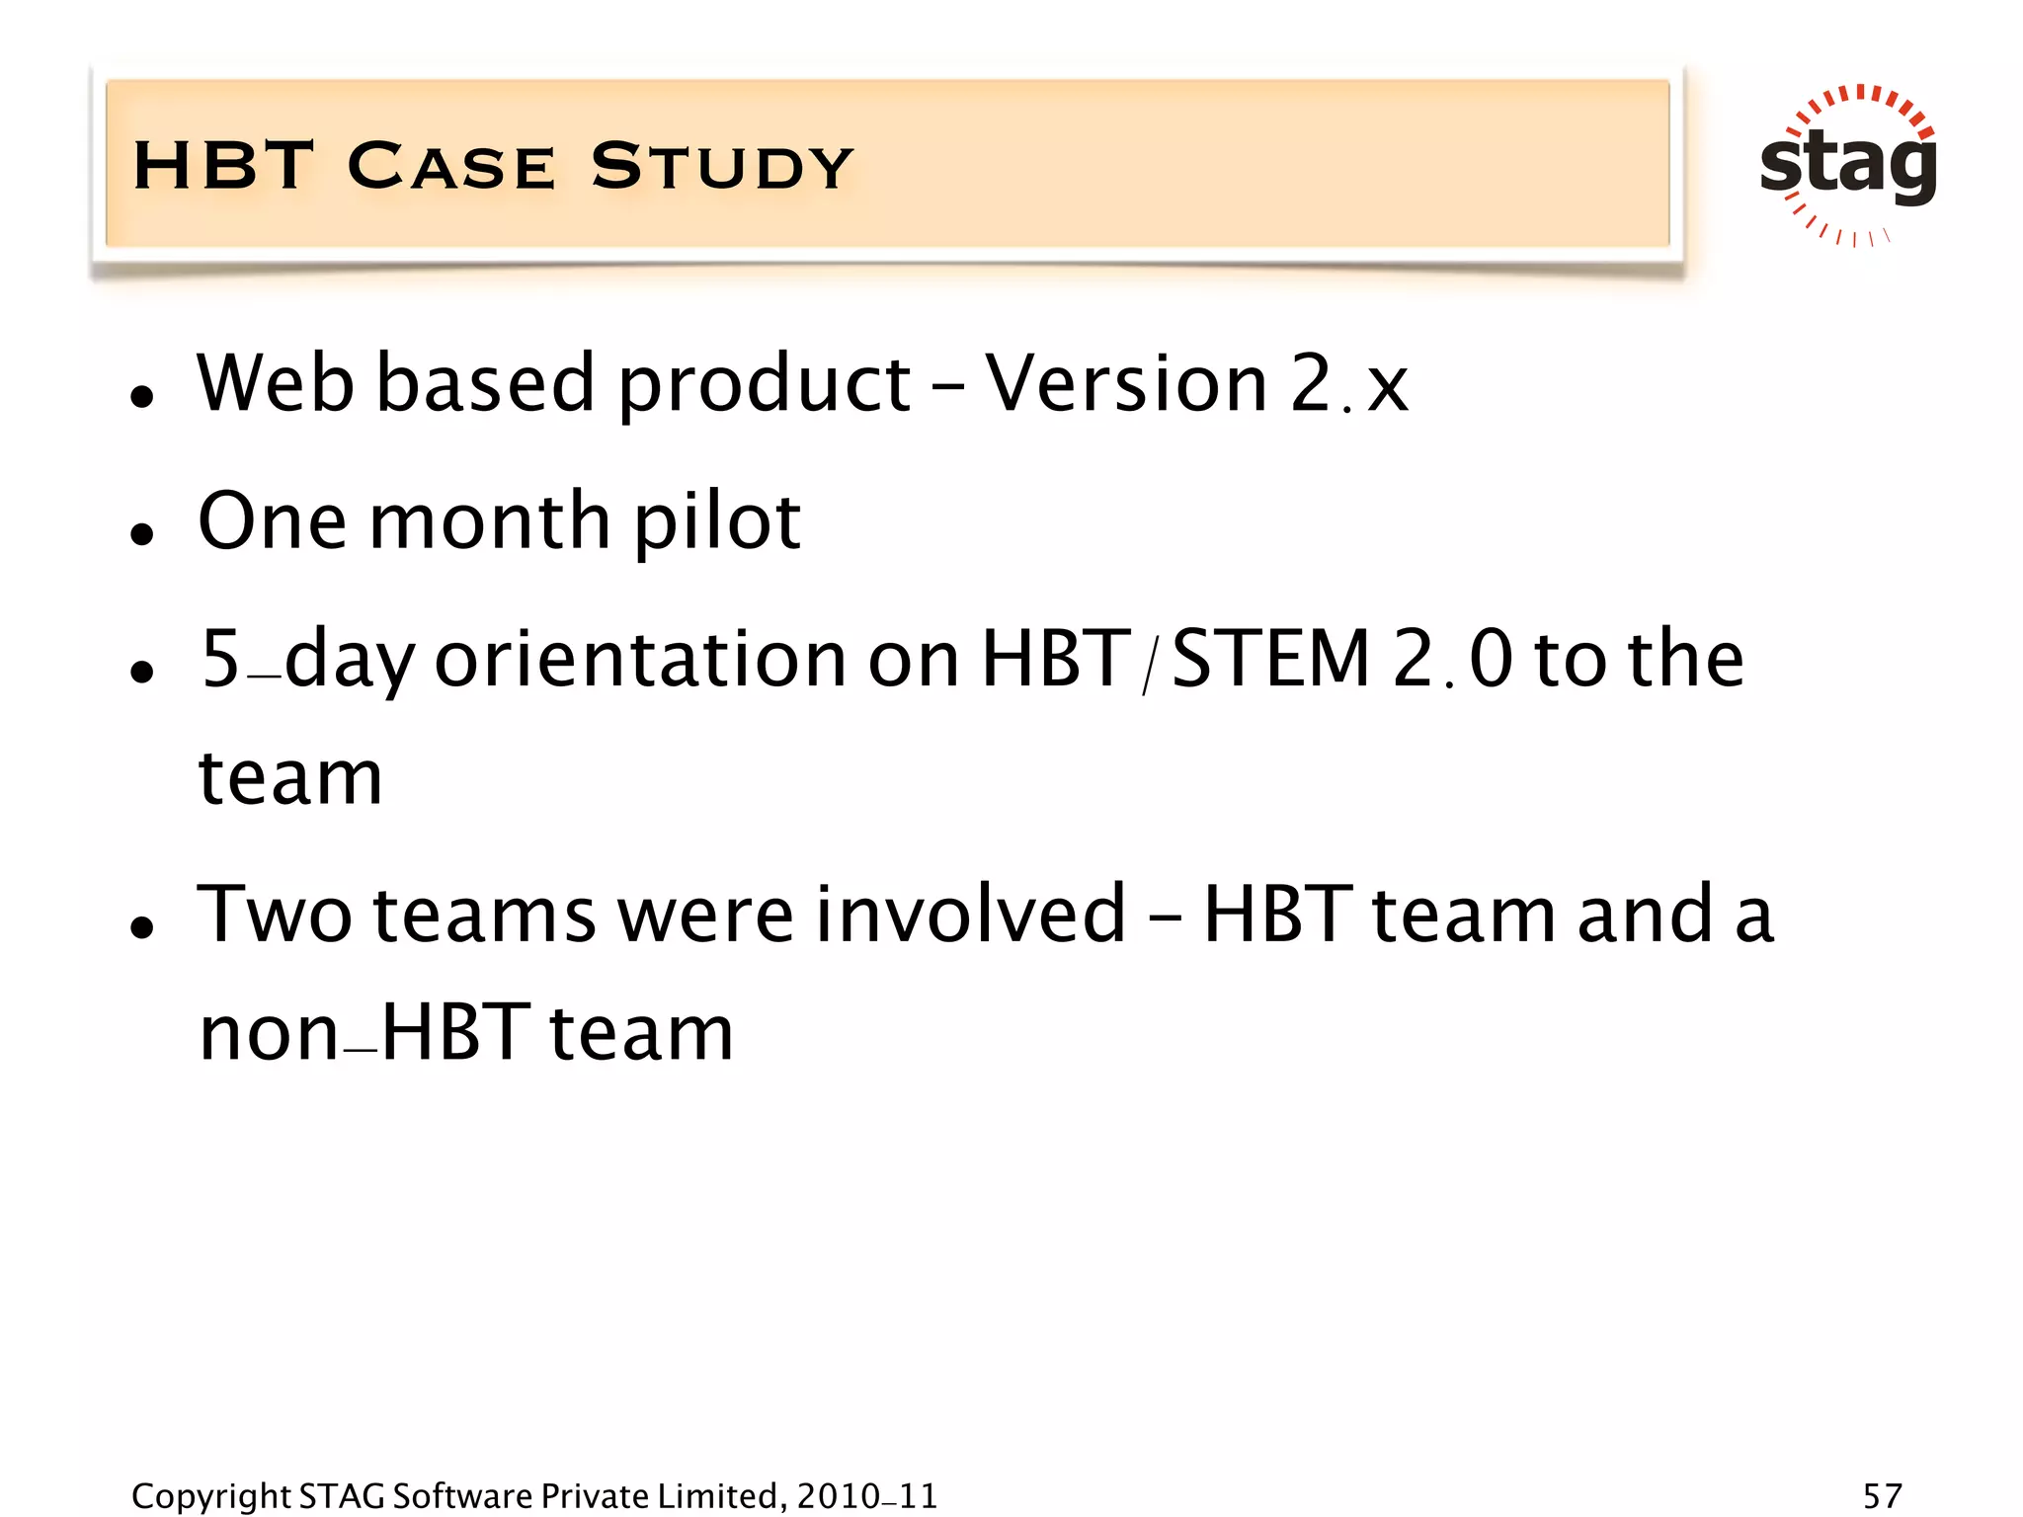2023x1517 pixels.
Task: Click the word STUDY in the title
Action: [x=722, y=166]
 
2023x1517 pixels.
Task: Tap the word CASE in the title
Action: [x=451, y=166]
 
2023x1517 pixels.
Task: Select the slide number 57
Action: [x=1882, y=1495]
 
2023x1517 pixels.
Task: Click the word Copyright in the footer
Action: [x=210, y=1495]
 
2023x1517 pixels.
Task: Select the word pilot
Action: [x=716, y=521]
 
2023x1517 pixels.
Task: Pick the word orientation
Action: [x=640, y=660]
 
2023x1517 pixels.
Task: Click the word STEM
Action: [x=1270, y=660]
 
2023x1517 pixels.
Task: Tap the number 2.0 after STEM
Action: [x=1452, y=660]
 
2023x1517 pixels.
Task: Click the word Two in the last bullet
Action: [x=274, y=915]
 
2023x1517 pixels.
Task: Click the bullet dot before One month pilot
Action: [x=143, y=534]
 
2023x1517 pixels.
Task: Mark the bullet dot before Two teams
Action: [x=143, y=927]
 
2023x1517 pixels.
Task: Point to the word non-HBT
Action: [x=365, y=1033]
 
